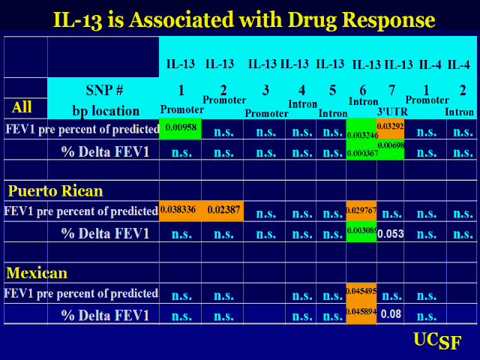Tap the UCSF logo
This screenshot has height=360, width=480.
pyautogui.click(x=437, y=341)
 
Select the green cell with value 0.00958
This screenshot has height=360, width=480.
pyautogui.click(x=180, y=128)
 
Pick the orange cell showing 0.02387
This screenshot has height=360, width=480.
pyautogui.click(x=223, y=211)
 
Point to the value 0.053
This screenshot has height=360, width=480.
pyautogui.click(x=391, y=233)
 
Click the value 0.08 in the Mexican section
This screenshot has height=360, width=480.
pyautogui.click(x=391, y=314)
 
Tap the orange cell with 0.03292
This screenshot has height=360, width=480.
pyautogui.click(x=391, y=125)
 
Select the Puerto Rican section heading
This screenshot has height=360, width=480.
pyautogui.click(x=55, y=190)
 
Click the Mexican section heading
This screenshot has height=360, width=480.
pyautogui.click(x=37, y=272)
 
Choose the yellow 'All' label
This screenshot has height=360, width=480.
pyautogui.click(x=22, y=107)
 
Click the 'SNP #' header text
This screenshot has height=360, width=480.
pyautogui.click(x=104, y=91)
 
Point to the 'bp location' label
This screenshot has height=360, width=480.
pyautogui.click(x=104, y=110)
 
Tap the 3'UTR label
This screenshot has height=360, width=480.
pyautogui.click(x=391, y=112)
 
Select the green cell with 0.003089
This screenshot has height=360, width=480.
pyautogui.click(x=361, y=232)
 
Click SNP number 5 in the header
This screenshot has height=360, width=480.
pyautogui.click(x=332, y=91)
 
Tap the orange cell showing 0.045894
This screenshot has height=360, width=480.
pyautogui.click(x=361, y=313)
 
